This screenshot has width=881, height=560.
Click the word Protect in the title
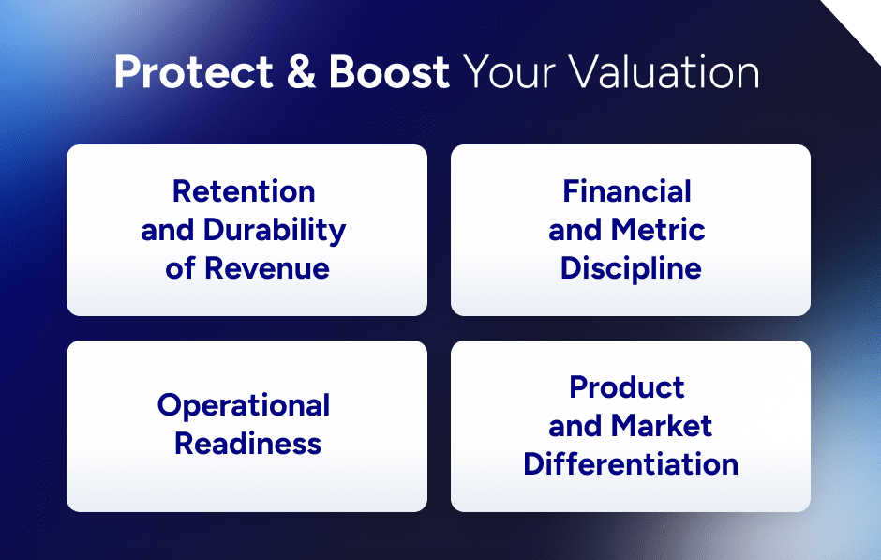[x=192, y=73]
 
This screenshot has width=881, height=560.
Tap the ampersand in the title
[x=302, y=73]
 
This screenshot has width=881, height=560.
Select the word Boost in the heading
[x=389, y=73]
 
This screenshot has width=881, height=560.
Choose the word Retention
[x=244, y=191]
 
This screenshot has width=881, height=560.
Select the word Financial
[x=627, y=191]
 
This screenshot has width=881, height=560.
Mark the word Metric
[x=658, y=230]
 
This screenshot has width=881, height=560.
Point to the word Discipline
[x=631, y=268]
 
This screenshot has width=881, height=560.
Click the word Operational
[x=244, y=405]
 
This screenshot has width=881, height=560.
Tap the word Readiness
[x=247, y=443]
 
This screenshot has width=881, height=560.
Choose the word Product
[x=627, y=386]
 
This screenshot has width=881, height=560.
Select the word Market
[x=662, y=425]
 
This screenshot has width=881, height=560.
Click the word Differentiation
[x=631, y=463]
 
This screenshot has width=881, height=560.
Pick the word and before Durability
[x=168, y=230]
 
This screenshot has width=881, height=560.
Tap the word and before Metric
[x=576, y=230]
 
